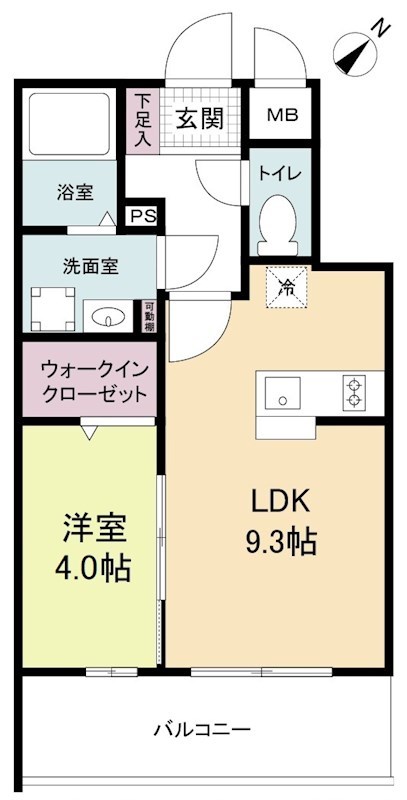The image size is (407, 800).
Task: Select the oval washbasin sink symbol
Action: pos(106,318)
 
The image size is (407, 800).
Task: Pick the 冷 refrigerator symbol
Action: pos(286,289)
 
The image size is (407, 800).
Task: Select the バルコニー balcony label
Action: pos(201,730)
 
